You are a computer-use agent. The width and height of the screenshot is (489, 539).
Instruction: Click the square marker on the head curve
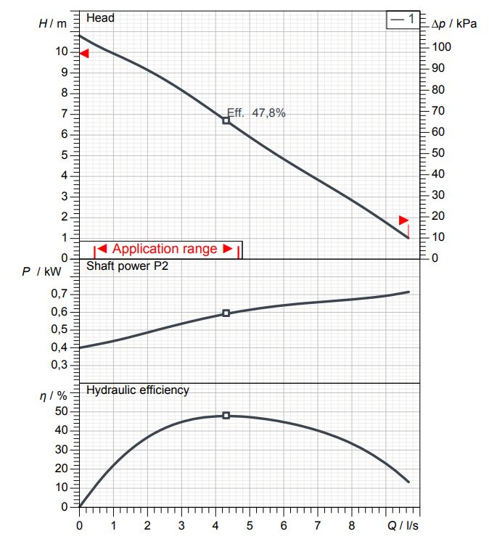click(x=226, y=120)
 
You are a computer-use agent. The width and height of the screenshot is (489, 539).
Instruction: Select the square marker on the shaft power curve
click(x=226, y=313)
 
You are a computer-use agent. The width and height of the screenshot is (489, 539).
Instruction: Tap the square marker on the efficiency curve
click(x=226, y=416)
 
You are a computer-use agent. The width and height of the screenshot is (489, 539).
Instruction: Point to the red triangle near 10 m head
click(x=84, y=54)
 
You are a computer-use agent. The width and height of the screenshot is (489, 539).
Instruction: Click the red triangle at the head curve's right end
click(x=404, y=220)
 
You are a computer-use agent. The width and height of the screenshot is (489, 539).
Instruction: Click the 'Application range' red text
click(x=165, y=249)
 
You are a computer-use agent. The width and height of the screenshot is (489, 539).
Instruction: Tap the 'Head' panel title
click(x=100, y=17)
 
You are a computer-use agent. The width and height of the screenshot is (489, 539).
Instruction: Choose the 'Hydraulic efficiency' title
click(x=138, y=390)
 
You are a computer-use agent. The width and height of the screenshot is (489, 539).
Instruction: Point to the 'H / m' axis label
click(x=52, y=23)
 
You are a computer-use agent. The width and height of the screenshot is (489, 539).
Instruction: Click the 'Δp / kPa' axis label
click(x=454, y=23)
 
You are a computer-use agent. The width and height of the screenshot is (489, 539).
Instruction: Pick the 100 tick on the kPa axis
click(x=441, y=47)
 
